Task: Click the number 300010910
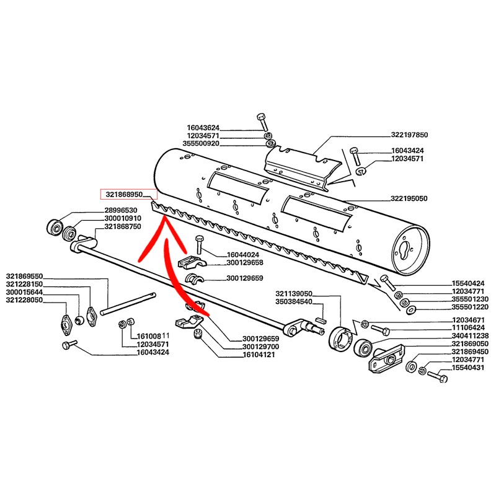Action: [123, 219]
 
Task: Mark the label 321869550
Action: [24, 276]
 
